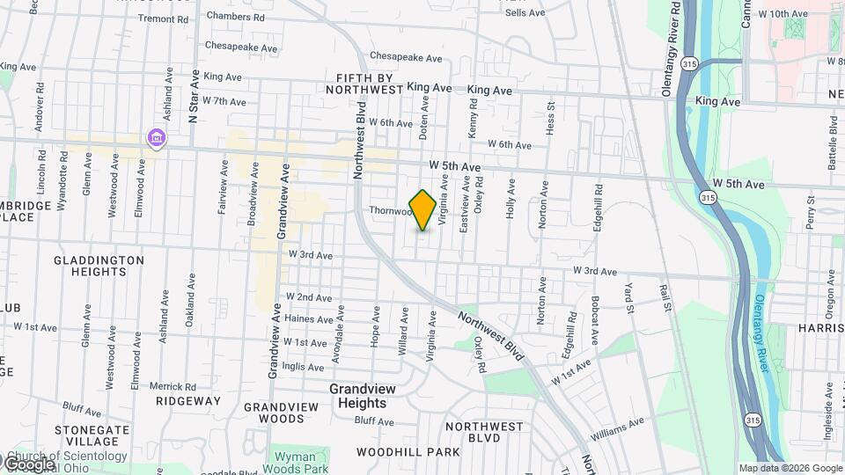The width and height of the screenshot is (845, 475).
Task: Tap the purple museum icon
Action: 157,137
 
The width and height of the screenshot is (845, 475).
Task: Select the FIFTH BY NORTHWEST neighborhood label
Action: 364,84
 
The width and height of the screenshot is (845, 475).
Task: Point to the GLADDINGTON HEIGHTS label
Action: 99,266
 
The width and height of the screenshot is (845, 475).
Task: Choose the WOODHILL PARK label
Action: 408,452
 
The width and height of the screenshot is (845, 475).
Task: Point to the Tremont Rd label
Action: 164,18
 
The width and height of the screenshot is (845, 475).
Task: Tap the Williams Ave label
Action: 618,428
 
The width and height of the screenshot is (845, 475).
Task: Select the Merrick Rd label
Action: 172,386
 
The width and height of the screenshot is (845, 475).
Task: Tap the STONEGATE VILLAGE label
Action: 92,435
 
